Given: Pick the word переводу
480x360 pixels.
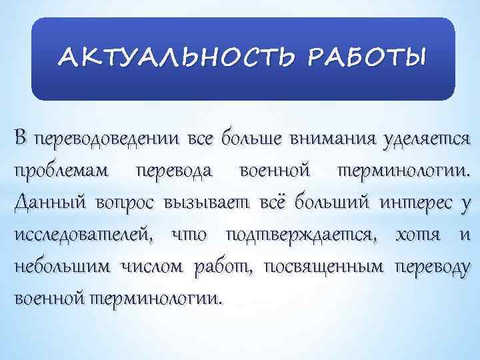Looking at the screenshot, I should pyautogui.click(x=432, y=267).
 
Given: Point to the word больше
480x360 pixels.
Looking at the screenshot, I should pyautogui.click(x=231, y=139).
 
